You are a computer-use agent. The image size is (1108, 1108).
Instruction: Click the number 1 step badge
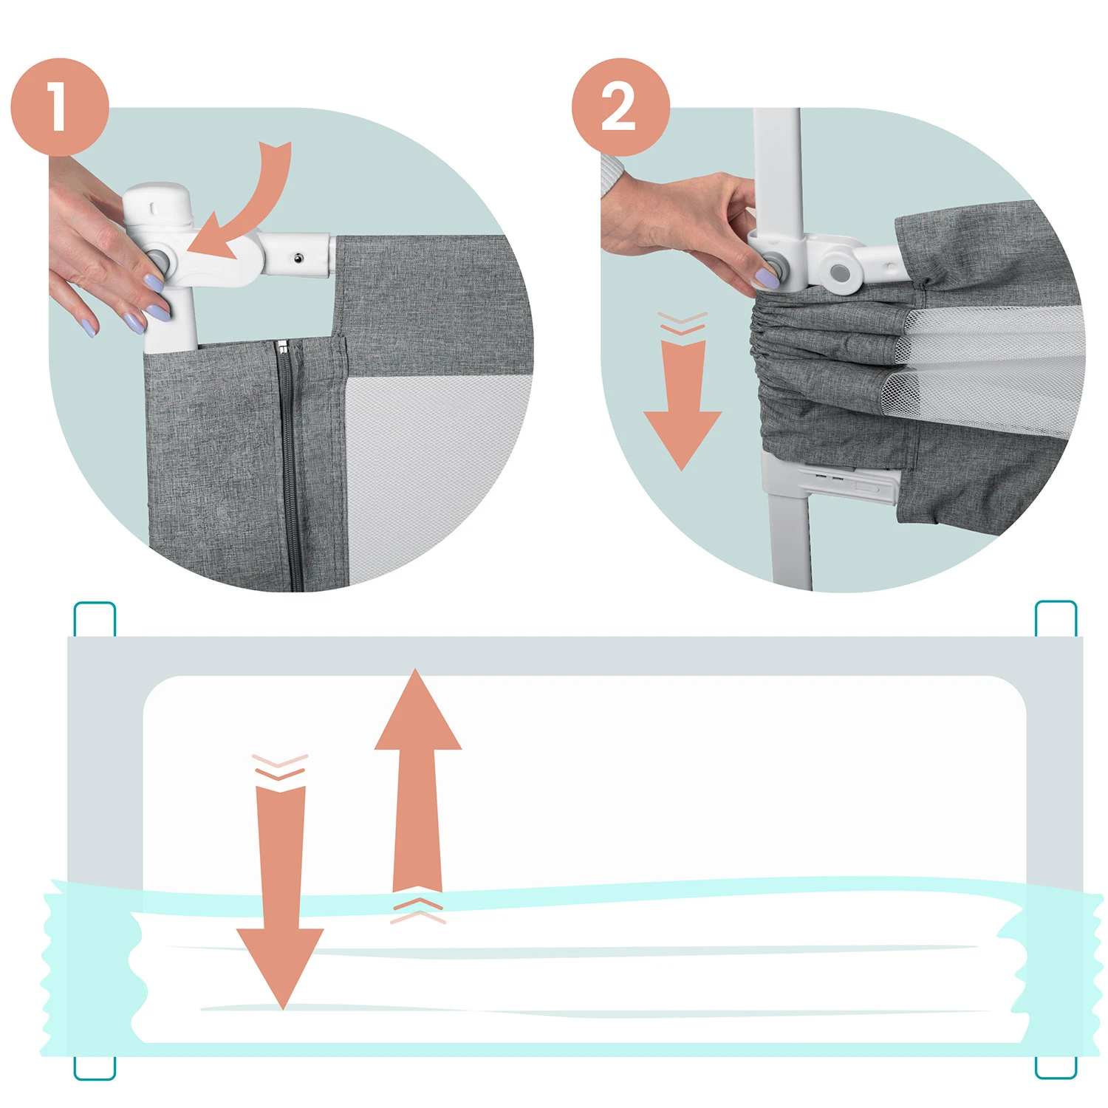pyautogui.click(x=60, y=107)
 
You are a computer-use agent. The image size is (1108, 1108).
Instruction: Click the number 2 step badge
pyautogui.click(x=620, y=107)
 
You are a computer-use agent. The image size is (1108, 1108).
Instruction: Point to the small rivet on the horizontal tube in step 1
pyautogui.click(x=298, y=258)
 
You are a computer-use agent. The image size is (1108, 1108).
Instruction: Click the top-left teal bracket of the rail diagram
pyautogui.click(x=95, y=619)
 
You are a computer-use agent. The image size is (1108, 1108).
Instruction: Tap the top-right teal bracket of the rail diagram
pyautogui.click(x=1056, y=618)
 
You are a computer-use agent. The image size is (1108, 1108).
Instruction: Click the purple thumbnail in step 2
pyautogui.click(x=765, y=278)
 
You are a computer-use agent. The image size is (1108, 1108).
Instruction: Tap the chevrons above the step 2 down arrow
pyautogui.click(x=682, y=324)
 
